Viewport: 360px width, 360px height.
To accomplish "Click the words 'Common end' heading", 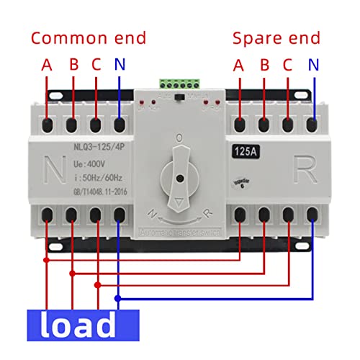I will coord(88,38).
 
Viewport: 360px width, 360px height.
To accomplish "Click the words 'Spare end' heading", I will coord(271,38).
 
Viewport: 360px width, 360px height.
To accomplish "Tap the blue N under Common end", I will coord(120,64).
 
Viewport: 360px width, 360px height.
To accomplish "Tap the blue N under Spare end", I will coord(312,64).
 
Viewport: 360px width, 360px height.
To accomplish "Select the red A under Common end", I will coord(47,64).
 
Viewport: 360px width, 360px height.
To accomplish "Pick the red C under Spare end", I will coord(288,64).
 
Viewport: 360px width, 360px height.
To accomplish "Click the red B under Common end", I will coord(72,64).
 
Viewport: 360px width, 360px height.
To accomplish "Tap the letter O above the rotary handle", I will coord(178,136).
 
